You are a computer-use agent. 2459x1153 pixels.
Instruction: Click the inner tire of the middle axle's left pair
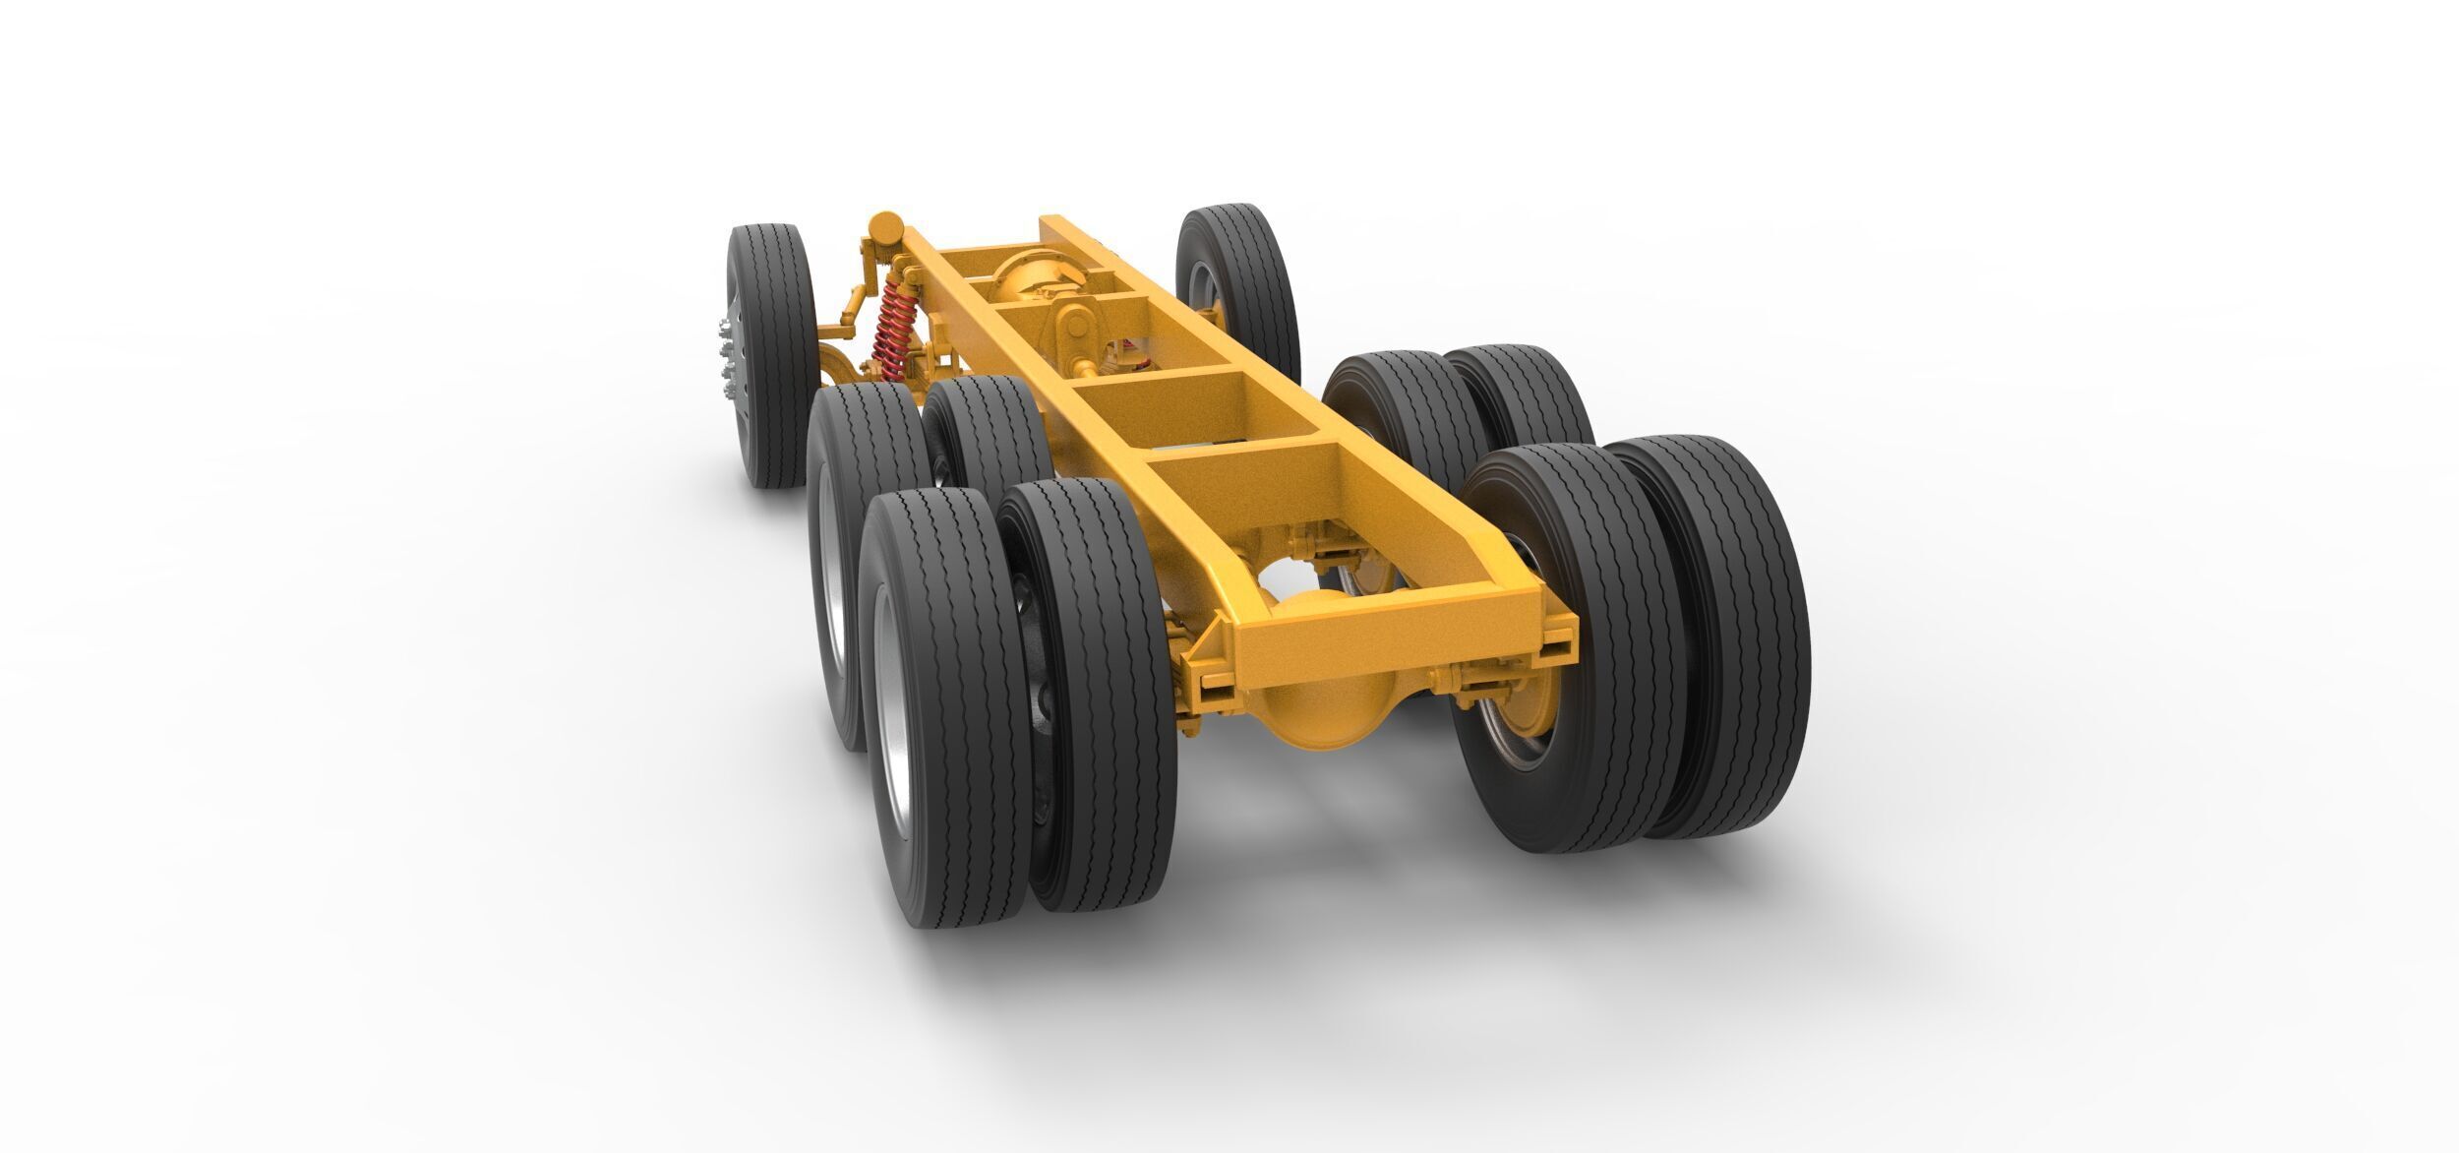pos(984,443)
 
